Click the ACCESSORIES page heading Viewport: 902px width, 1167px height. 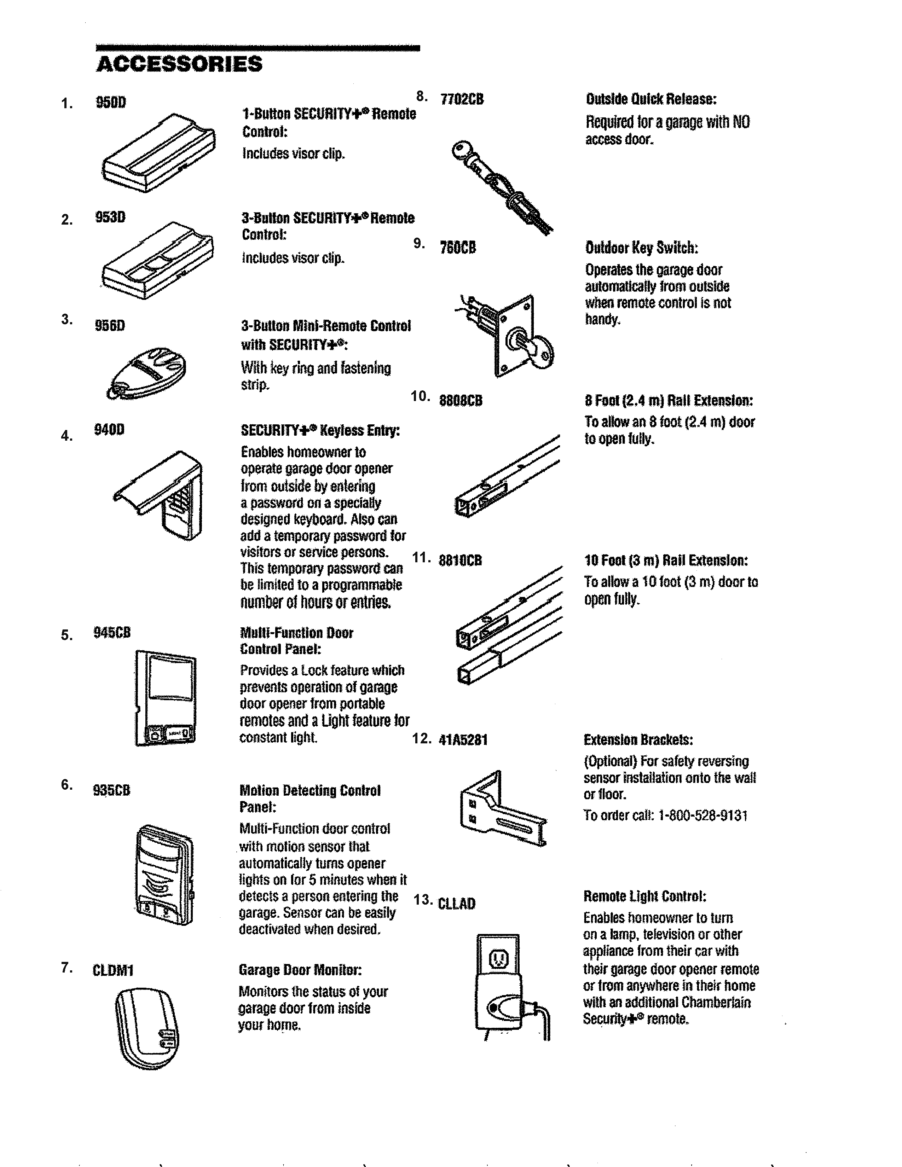pyautogui.click(x=180, y=64)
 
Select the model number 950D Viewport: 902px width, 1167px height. pyautogui.click(x=111, y=103)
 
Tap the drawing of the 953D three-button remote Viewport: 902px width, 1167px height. pyautogui.click(x=158, y=260)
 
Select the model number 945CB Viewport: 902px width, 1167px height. pyautogui.click(x=112, y=633)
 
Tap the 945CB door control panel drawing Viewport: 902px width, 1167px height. pyautogui.click(x=165, y=698)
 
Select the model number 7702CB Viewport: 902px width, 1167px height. pyautogui.click(x=462, y=99)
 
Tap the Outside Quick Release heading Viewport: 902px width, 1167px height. pyautogui.click(x=651, y=99)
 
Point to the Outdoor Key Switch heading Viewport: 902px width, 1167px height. pyautogui.click(x=641, y=248)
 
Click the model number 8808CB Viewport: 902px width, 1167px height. pyautogui.click(x=461, y=401)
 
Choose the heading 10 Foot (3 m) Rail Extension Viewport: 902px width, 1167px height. pyautogui.click(x=666, y=561)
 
